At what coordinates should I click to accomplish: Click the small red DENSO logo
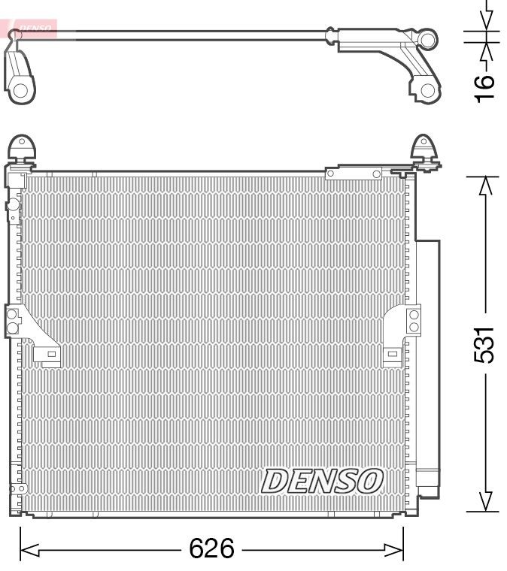tap(33, 29)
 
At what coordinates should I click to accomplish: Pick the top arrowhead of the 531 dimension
tap(487, 185)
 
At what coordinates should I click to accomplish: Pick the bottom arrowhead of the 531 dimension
tap(487, 502)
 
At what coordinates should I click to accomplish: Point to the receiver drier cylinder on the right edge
tap(427, 361)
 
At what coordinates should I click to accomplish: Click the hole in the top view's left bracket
tap(21, 91)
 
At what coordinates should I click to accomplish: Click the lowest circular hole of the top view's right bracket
tap(427, 91)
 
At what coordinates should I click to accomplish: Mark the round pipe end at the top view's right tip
tap(428, 39)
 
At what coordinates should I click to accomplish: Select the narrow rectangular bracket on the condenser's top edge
tap(354, 174)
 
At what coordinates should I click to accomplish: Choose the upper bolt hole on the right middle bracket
tap(413, 315)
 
